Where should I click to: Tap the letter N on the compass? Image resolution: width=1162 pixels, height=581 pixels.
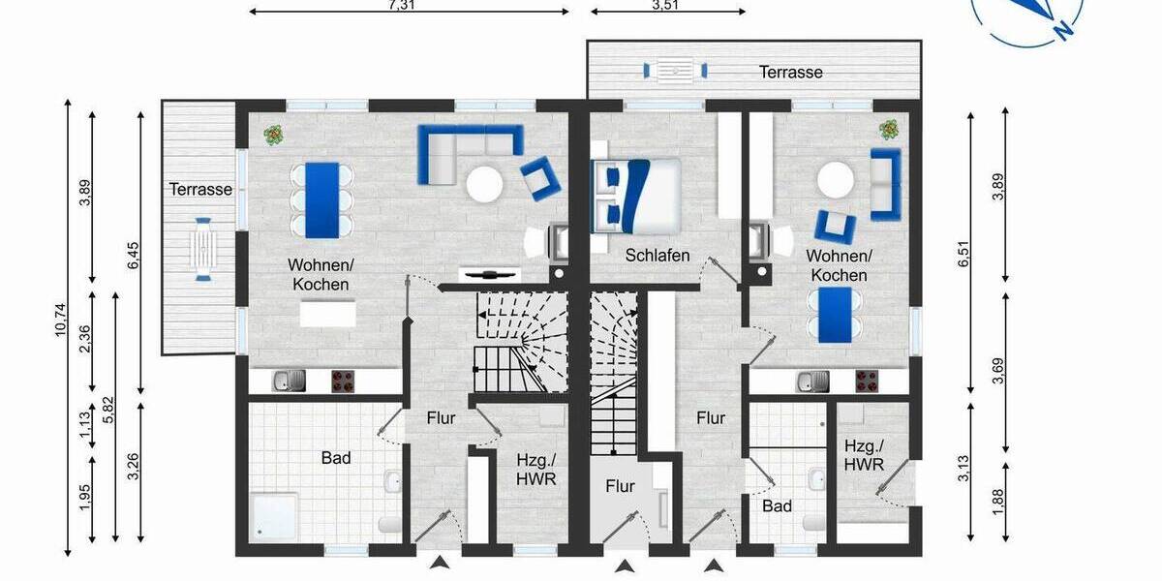click(1063, 30)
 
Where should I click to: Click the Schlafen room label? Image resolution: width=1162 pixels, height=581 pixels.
click(657, 256)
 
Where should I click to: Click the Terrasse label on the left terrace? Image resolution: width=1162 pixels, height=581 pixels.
click(200, 189)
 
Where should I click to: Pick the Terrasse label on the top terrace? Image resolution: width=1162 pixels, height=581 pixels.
click(790, 72)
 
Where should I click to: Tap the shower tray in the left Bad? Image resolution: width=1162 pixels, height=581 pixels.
click(274, 514)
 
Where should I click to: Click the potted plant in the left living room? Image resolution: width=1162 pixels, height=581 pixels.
click(273, 136)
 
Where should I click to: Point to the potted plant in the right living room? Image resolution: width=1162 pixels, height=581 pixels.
click(888, 128)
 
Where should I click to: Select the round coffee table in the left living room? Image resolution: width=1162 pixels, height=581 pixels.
click(484, 183)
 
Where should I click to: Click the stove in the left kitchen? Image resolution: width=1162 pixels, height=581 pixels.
click(343, 382)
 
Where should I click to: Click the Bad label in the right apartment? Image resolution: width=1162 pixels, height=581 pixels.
click(777, 505)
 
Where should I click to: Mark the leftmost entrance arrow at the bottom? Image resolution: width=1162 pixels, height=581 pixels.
click(440, 564)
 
